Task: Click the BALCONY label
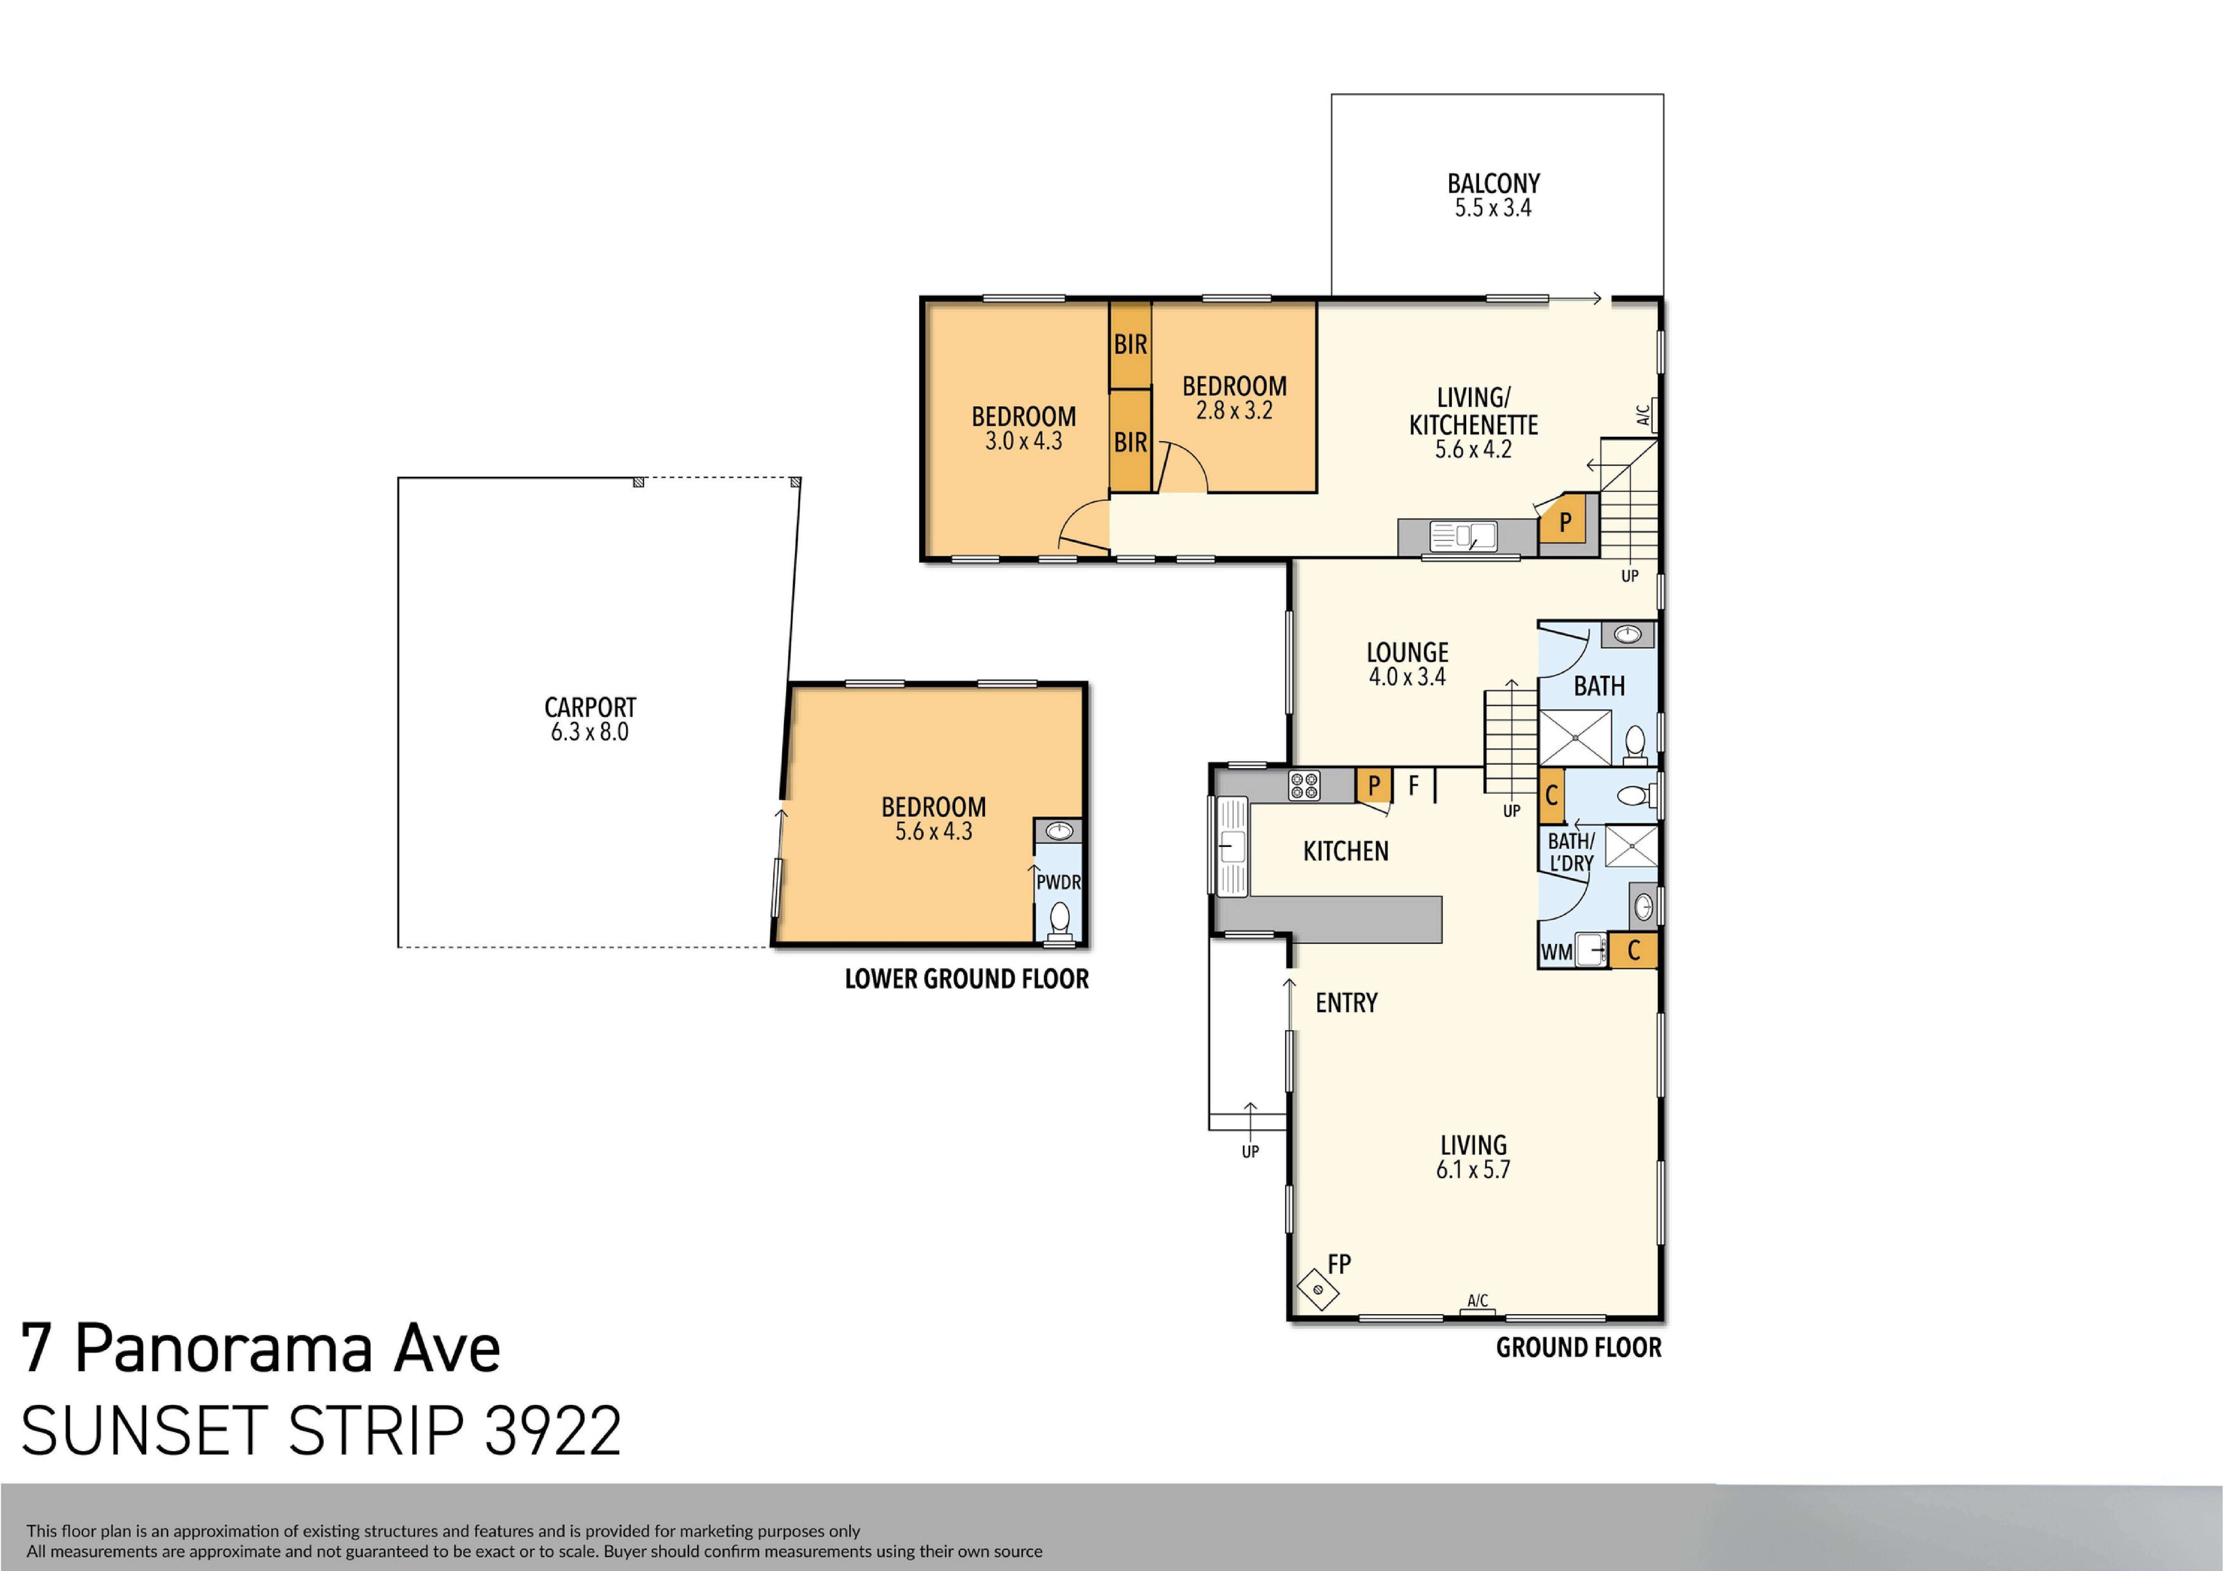(1493, 183)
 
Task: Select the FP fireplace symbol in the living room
(1318, 1289)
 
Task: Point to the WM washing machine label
(1556, 952)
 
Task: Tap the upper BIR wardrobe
(1130, 344)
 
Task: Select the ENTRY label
(1346, 1003)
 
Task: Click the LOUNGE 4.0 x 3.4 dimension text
(1407, 677)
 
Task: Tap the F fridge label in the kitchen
(1414, 785)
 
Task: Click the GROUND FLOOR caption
(1578, 1347)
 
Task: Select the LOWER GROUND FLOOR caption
(966, 979)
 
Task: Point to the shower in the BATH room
(1575, 737)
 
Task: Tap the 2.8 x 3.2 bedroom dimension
(1233, 411)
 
